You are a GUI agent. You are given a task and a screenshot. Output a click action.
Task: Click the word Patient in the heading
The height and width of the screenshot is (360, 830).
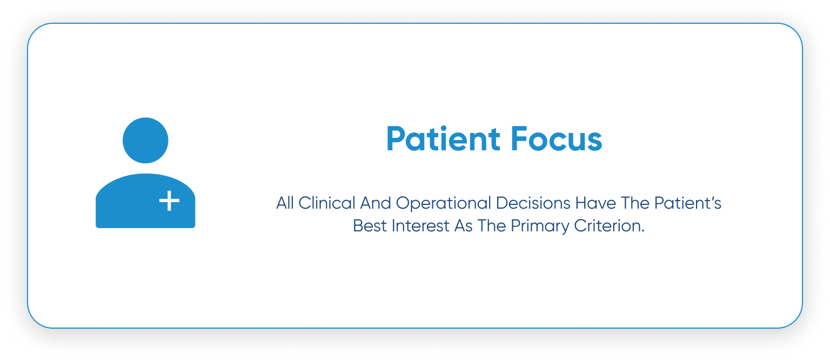[443, 139]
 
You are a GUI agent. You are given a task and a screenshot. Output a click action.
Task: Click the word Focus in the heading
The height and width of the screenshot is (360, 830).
[557, 139]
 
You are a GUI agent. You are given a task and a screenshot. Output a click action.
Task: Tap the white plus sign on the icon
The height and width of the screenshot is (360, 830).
[169, 201]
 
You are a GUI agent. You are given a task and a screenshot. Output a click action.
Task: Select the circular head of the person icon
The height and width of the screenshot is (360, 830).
[145, 141]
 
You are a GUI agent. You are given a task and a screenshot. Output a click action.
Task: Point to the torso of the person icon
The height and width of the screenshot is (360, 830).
[145, 201]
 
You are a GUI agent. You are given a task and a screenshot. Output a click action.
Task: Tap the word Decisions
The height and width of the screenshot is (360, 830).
[533, 203]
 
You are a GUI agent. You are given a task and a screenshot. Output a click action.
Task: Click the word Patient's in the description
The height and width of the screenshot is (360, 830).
[688, 203]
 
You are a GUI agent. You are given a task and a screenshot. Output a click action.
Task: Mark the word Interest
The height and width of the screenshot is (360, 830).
[420, 226]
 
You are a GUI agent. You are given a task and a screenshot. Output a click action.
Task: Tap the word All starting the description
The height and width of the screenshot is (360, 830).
[285, 203]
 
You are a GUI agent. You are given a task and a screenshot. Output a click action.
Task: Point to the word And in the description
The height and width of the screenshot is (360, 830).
[376, 203]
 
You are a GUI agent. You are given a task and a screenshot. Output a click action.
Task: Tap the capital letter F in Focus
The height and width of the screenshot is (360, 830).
[519, 139]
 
